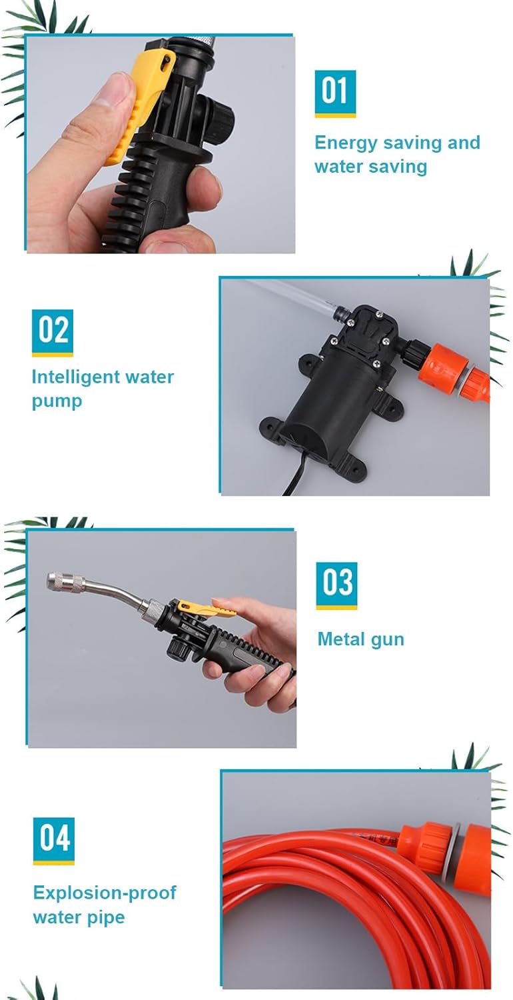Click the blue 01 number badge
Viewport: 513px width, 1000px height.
pos(335,93)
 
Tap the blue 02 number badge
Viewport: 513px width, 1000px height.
pos(52,333)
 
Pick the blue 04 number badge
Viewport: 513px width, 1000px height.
pos(53,841)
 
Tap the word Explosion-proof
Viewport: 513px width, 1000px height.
pos(105,893)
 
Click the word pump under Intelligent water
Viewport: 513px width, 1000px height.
pos(57,401)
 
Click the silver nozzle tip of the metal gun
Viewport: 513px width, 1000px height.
pos(65,583)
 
